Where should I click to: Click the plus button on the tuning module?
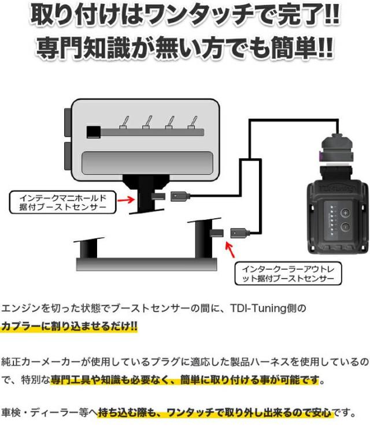(x=345, y=211)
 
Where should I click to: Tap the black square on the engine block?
(x=91, y=132)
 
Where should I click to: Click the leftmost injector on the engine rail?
(x=123, y=122)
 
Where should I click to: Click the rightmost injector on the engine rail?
(x=191, y=122)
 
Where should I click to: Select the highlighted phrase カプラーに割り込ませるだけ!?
(x=69, y=326)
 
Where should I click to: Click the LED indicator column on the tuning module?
(x=331, y=219)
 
